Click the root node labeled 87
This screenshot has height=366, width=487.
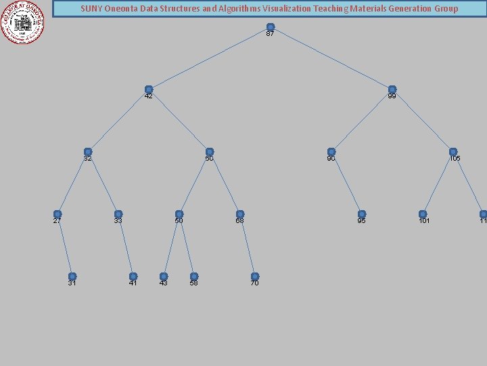click(271, 27)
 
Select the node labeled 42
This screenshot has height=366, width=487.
click(149, 89)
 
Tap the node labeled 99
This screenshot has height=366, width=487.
click(392, 89)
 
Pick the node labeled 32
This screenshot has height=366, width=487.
click(88, 152)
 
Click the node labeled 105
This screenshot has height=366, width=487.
click(453, 152)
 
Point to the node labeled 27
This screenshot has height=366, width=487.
click(57, 214)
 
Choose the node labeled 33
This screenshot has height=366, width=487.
click(118, 214)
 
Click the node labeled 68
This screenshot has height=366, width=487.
click(240, 214)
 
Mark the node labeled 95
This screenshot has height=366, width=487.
click(362, 214)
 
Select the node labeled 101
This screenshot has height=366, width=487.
click(423, 214)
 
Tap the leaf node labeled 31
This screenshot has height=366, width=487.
click(72, 277)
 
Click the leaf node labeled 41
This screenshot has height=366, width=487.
click(133, 277)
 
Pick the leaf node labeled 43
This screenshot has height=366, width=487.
click(164, 277)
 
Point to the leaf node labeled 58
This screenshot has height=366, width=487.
click(194, 277)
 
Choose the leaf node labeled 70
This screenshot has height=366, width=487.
click(255, 277)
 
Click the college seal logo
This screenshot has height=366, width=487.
click(22, 22)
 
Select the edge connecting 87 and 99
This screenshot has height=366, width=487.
click(331, 58)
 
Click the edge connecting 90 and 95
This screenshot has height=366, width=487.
click(346, 183)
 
